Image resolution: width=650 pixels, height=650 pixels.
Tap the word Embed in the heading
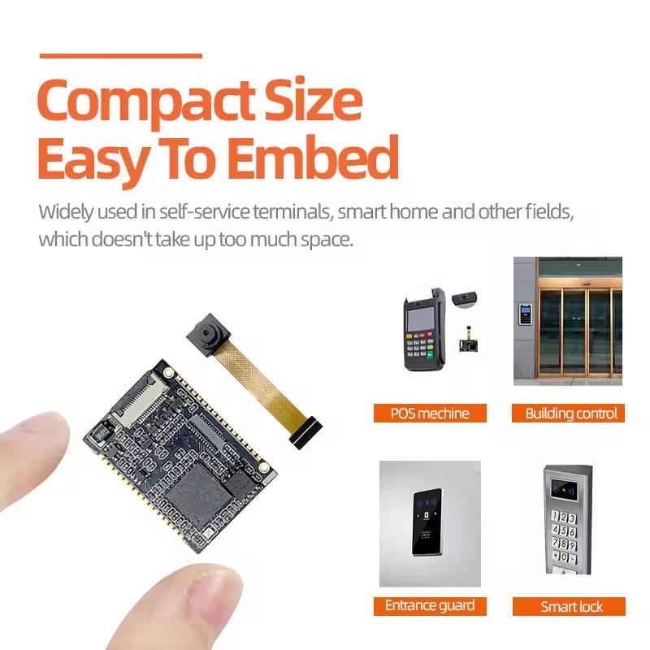click(x=314, y=158)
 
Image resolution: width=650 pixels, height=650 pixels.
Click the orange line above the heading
click(x=120, y=56)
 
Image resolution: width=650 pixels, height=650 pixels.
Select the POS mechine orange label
click(x=430, y=414)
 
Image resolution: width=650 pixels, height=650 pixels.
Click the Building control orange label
click(x=568, y=414)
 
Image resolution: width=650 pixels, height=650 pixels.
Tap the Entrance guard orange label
click(x=430, y=606)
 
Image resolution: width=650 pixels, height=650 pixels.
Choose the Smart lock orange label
click(x=570, y=606)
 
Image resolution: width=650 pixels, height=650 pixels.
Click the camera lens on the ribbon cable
click(x=206, y=332)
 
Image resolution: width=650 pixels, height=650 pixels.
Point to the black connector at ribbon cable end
click(x=307, y=432)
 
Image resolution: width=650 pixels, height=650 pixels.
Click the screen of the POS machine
click(x=420, y=318)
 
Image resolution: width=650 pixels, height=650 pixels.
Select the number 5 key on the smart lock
click(x=564, y=531)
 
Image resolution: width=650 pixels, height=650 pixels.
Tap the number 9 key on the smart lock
click(x=573, y=544)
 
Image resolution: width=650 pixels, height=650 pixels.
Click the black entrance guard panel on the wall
click(x=427, y=522)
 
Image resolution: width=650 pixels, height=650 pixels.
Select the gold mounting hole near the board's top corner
click(x=169, y=372)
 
